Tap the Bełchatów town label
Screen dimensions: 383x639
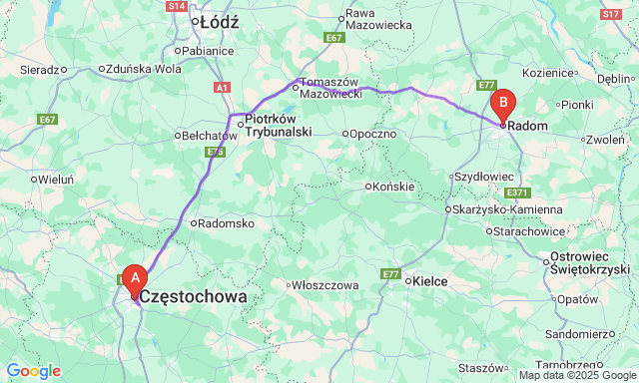pos(206,136)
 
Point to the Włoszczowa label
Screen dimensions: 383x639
pos(323,285)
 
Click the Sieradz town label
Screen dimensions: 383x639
pos(39,70)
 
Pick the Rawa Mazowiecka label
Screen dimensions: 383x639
pos(378,20)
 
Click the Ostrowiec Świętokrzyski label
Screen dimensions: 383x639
pos(590,263)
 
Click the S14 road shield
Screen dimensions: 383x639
pos(177,6)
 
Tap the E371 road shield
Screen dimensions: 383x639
pos(517,192)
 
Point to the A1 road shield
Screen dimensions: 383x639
pos(222,88)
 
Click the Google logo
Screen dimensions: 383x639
pos(33,371)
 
